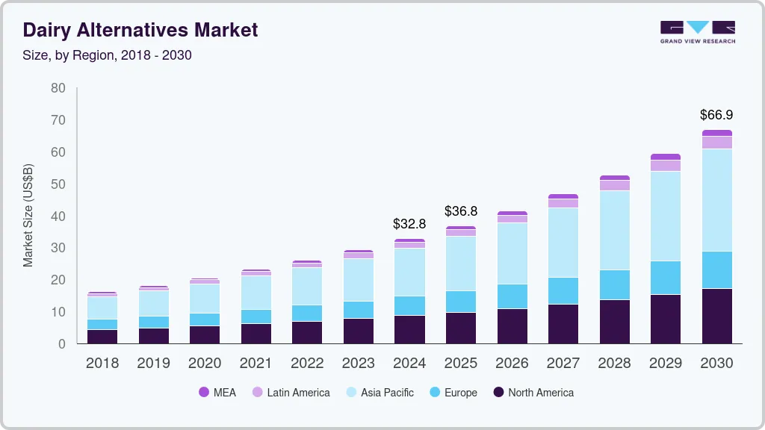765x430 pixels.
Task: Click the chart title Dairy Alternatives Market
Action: pos(140,30)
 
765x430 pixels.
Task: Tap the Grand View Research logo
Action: pos(697,31)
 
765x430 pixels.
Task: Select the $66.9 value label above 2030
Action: pos(716,115)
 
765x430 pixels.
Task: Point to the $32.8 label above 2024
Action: pos(409,223)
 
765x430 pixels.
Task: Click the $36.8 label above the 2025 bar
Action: pos(460,211)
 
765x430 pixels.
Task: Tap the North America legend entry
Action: pos(533,392)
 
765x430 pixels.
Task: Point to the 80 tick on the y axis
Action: pos(58,88)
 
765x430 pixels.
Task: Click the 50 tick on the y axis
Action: pos(58,184)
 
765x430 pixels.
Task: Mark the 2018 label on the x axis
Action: pos(102,364)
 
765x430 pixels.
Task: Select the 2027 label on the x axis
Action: pos(563,364)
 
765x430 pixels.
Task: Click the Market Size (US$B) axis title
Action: pos(28,215)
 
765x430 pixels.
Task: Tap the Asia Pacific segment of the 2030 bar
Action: pos(716,200)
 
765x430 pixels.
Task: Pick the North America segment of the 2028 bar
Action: pos(614,322)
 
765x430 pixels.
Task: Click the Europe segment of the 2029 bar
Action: pos(665,278)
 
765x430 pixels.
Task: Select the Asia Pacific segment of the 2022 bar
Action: pos(307,286)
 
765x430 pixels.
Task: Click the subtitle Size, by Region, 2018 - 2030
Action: pos(108,55)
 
